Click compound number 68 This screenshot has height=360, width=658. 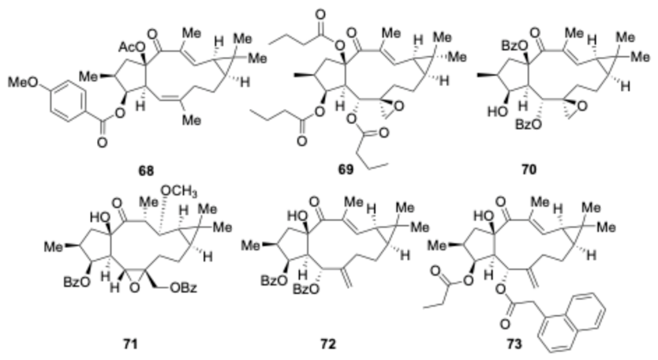pos(147,171)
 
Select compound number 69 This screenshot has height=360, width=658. pos(346,169)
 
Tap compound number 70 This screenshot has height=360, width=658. pos(529,169)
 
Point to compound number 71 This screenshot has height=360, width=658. pos(130,344)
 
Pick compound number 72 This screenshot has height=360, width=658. pos(328,344)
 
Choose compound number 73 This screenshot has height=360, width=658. pos(514,344)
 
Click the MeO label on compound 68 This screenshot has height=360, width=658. pos(23,82)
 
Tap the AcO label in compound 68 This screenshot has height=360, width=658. pos(129,47)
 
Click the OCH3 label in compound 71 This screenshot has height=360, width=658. pos(179,192)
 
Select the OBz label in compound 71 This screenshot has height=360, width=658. pos(182,289)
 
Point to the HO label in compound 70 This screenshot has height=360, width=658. pos(497,112)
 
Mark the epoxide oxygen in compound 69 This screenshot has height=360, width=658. pos(399,107)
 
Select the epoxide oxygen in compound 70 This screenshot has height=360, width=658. pos(582,107)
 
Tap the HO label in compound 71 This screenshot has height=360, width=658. pos(99,218)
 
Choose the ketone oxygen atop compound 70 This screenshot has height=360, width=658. pos(535,32)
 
